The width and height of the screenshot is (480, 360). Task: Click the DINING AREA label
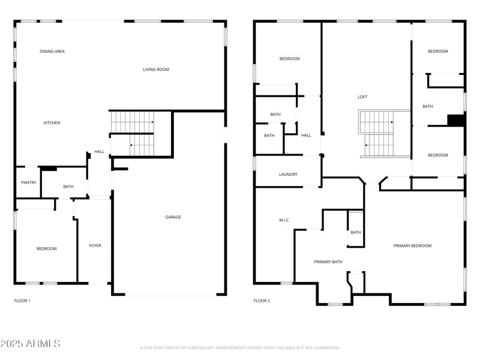click(x=52, y=52)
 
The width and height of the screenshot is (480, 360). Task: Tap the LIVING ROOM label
click(x=156, y=70)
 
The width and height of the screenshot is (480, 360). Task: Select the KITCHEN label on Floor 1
click(x=52, y=123)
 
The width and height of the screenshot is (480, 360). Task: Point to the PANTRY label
click(x=29, y=183)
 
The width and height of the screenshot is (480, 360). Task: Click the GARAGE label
click(x=173, y=217)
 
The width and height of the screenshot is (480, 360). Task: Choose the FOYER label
click(x=95, y=245)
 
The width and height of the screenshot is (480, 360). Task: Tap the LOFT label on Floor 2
click(x=362, y=97)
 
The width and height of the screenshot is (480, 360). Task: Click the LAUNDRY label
click(x=288, y=175)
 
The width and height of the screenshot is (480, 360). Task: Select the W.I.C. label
click(x=284, y=220)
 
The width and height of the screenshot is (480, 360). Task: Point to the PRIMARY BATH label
click(x=328, y=262)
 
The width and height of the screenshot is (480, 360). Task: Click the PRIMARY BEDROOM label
click(x=412, y=245)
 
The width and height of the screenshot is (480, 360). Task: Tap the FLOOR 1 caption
click(x=22, y=301)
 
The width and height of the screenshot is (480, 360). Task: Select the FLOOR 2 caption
click(x=262, y=301)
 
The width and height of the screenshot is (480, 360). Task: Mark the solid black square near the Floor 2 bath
click(x=456, y=121)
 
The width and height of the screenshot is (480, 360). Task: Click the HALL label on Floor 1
click(x=99, y=152)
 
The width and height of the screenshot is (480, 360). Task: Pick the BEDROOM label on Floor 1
click(x=46, y=248)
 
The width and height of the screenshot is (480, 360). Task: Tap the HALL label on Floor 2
click(x=306, y=136)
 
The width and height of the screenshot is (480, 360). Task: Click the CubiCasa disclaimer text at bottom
click(x=240, y=347)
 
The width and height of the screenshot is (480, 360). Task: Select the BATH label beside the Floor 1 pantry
click(x=68, y=187)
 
